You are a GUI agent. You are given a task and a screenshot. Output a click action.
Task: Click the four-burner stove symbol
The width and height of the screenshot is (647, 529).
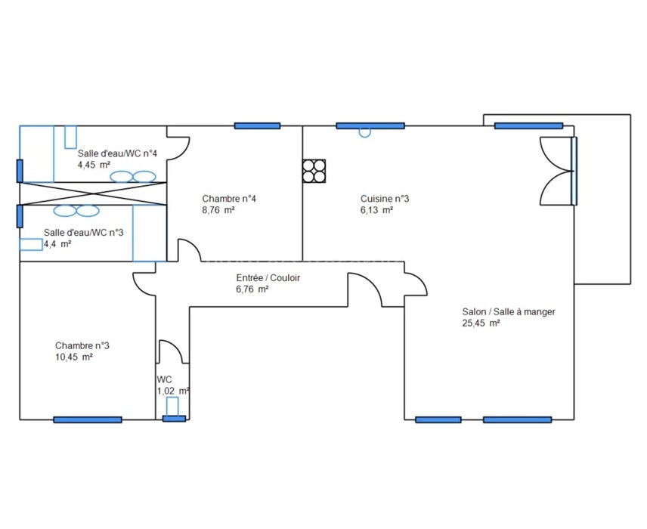314,172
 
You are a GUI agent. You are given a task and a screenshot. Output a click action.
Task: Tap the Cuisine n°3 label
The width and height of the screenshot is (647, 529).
385,199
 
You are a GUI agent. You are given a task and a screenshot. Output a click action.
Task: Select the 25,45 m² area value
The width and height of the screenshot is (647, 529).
481,323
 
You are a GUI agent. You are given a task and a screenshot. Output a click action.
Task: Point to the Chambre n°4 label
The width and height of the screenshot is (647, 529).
229,199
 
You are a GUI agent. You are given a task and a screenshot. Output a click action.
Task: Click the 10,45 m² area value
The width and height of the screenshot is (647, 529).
74,357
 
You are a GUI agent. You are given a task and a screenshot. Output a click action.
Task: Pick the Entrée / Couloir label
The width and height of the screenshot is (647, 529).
268,277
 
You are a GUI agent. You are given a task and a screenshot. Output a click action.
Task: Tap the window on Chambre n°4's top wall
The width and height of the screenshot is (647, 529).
258,126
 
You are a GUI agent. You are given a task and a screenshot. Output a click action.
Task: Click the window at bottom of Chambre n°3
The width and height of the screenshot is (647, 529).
88,419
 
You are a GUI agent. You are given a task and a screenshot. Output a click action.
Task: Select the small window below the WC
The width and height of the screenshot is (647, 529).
174,419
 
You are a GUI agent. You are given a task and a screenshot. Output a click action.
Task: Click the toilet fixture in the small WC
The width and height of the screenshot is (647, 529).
172,407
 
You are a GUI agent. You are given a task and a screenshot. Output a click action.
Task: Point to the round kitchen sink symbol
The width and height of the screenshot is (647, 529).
365,133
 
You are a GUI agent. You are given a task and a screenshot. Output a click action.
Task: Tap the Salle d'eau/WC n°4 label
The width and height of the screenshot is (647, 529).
118,153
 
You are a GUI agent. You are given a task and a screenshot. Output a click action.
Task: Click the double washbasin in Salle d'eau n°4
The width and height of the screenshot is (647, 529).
133,177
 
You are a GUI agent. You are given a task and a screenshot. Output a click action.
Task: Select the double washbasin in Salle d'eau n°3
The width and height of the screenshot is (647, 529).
76,211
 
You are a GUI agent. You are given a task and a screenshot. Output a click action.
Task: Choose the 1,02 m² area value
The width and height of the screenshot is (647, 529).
173,391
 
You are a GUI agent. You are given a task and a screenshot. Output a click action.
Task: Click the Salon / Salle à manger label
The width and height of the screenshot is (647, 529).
509,311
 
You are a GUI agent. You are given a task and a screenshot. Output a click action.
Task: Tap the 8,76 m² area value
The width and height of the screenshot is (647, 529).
218,210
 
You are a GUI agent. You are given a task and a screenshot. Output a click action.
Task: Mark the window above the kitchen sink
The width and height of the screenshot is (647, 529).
370,126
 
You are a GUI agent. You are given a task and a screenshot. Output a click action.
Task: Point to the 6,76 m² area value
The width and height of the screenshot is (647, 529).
252,289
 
